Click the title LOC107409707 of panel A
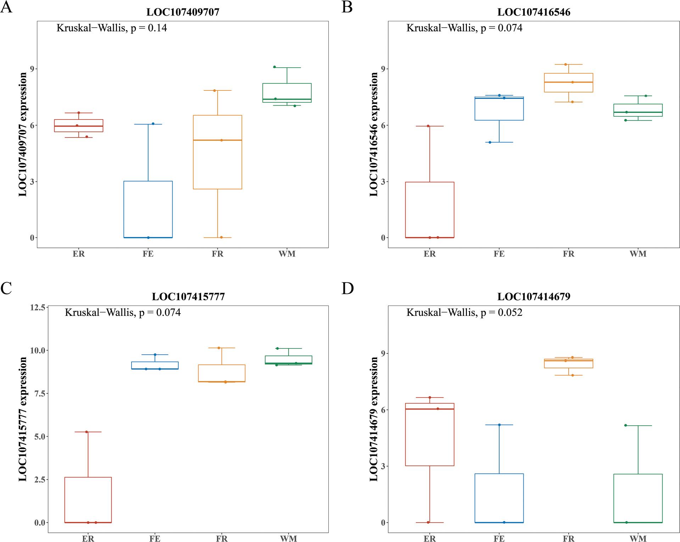[x=183, y=12]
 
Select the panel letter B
[x=347, y=7]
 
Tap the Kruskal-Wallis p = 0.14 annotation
[x=112, y=28]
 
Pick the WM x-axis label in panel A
[x=287, y=254]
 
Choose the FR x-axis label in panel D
[x=568, y=538]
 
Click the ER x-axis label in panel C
[x=88, y=538]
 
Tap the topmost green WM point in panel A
[x=274, y=67]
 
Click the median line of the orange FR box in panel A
[x=217, y=140]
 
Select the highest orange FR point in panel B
[x=566, y=64]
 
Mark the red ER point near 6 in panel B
[x=428, y=126]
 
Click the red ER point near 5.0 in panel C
[x=86, y=432]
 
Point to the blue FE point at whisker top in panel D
[x=499, y=425]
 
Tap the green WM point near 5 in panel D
[x=625, y=425]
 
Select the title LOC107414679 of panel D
[x=534, y=296]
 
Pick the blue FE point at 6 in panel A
[x=153, y=124]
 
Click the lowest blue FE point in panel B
[x=490, y=142]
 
